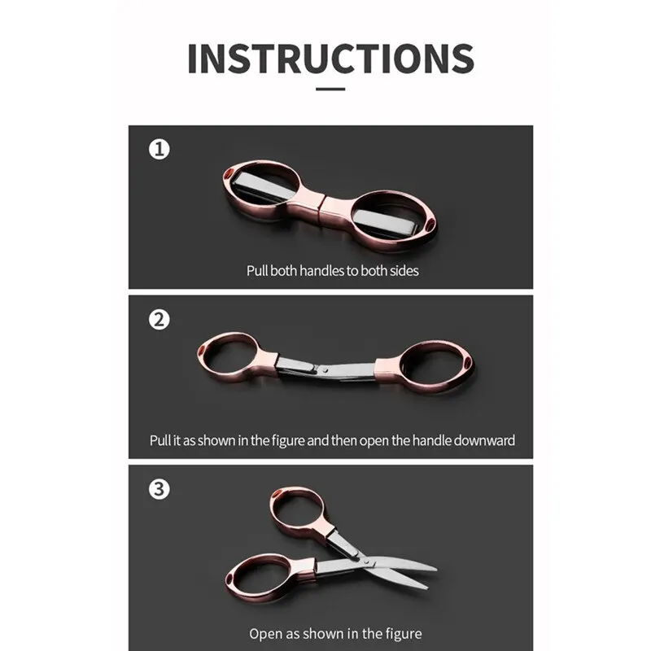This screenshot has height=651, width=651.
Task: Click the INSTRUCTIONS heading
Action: [330, 58]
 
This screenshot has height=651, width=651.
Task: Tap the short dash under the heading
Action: [330, 89]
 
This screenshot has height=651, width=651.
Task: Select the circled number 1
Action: [159, 149]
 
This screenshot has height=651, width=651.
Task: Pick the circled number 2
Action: [159, 320]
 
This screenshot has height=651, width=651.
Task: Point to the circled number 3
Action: [159, 489]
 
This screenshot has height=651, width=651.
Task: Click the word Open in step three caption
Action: [263, 634]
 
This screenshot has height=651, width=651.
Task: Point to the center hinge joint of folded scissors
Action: [321, 207]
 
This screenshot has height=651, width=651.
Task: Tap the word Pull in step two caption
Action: [159, 440]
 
